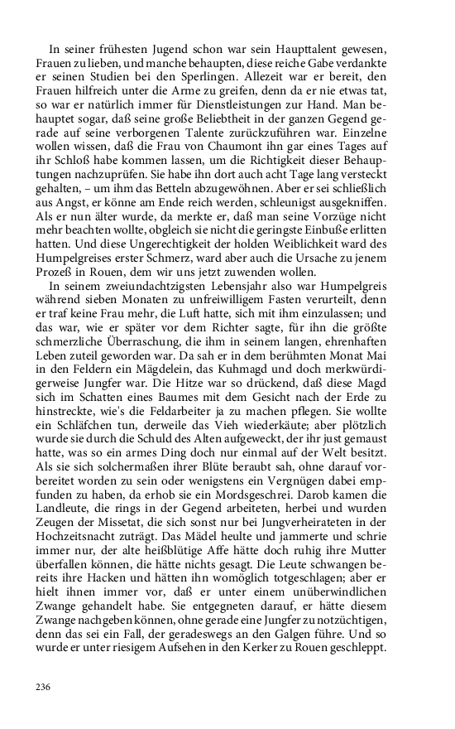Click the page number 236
click(x=43, y=687)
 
